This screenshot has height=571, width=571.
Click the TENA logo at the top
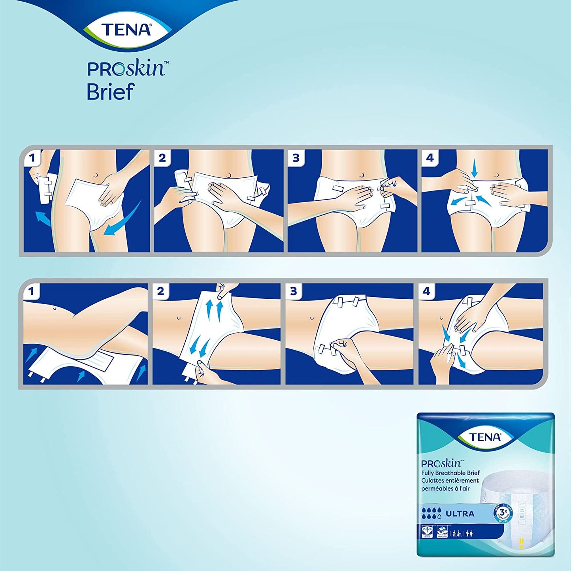126,30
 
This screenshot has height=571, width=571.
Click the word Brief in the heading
111,92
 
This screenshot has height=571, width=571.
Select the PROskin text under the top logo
126,69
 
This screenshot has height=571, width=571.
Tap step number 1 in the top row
32,158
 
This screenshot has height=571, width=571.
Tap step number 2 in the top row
162,158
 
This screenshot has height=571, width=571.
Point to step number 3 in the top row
296,158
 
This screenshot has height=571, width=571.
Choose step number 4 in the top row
430,158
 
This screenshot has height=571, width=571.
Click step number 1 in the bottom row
31,292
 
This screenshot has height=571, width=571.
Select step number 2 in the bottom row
160,292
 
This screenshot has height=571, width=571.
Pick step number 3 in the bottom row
293,292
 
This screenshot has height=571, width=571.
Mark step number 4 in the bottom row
426,292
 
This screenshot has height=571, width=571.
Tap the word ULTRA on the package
460,514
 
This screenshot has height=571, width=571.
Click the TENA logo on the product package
485,437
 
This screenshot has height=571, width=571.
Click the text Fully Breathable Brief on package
450,473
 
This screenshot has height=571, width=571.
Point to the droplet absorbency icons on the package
431,513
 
